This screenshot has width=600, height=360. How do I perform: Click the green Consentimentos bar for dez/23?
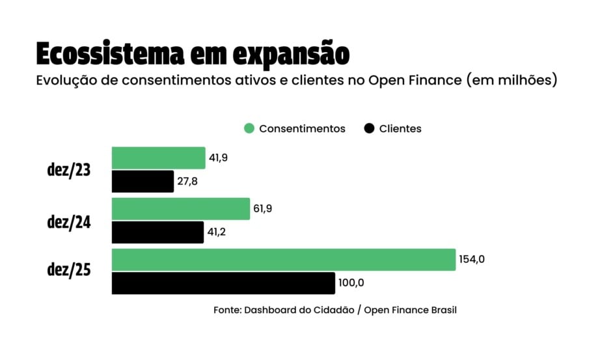tap(158, 158)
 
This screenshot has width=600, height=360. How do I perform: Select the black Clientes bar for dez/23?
tap(143, 182)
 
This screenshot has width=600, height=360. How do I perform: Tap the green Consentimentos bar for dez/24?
tap(181, 209)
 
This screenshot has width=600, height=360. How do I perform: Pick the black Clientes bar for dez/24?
tap(157, 232)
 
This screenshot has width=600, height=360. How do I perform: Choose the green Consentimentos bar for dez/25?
tap(283, 260)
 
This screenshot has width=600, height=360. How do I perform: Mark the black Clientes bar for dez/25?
tap(223, 283)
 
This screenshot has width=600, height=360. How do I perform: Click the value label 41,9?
tap(219, 158)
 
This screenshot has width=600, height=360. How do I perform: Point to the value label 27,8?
tap(187, 182)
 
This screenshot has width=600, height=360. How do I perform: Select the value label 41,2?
tap(217, 232)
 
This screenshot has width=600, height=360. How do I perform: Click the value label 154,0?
tap(472, 259)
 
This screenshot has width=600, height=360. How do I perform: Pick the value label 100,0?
tap(351, 283)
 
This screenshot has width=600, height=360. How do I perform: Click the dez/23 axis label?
tap(68, 171)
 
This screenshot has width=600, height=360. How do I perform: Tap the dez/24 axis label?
tap(68, 221)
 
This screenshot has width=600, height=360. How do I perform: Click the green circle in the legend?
tap(249, 128)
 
